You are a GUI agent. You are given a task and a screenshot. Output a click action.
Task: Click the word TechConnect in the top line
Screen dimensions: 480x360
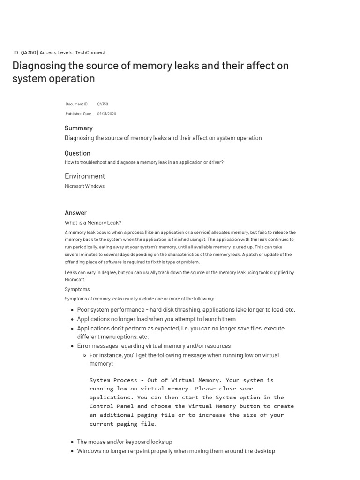[x=90, y=52]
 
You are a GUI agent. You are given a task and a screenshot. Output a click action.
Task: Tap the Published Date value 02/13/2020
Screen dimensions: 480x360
[x=106, y=114]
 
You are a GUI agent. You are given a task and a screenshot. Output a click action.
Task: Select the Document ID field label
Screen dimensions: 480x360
[x=76, y=104]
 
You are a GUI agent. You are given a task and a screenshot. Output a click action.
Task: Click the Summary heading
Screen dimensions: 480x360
[x=78, y=128]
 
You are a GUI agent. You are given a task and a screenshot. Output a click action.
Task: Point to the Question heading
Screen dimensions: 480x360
[x=77, y=153]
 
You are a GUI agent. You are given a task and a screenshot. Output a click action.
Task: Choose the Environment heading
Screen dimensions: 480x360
[x=85, y=176]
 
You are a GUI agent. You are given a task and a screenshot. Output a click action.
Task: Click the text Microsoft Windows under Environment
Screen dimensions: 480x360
[x=84, y=186]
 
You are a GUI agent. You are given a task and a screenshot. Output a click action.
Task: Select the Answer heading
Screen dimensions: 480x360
[x=75, y=213]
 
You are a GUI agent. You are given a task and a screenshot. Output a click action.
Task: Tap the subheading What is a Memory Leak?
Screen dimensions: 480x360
[x=93, y=223]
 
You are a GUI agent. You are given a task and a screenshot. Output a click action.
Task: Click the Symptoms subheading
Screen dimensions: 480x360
[x=77, y=289]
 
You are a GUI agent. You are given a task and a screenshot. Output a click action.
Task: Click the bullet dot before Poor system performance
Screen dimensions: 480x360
[x=72, y=310]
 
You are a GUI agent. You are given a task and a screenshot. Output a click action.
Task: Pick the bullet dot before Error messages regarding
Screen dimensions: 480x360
[x=72, y=346]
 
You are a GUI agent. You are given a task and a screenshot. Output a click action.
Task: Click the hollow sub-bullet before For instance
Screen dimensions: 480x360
[x=84, y=355]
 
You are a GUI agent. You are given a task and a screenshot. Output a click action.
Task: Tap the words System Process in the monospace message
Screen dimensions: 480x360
[x=113, y=380]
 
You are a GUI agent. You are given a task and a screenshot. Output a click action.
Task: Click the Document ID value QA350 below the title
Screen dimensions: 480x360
[x=103, y=104]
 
